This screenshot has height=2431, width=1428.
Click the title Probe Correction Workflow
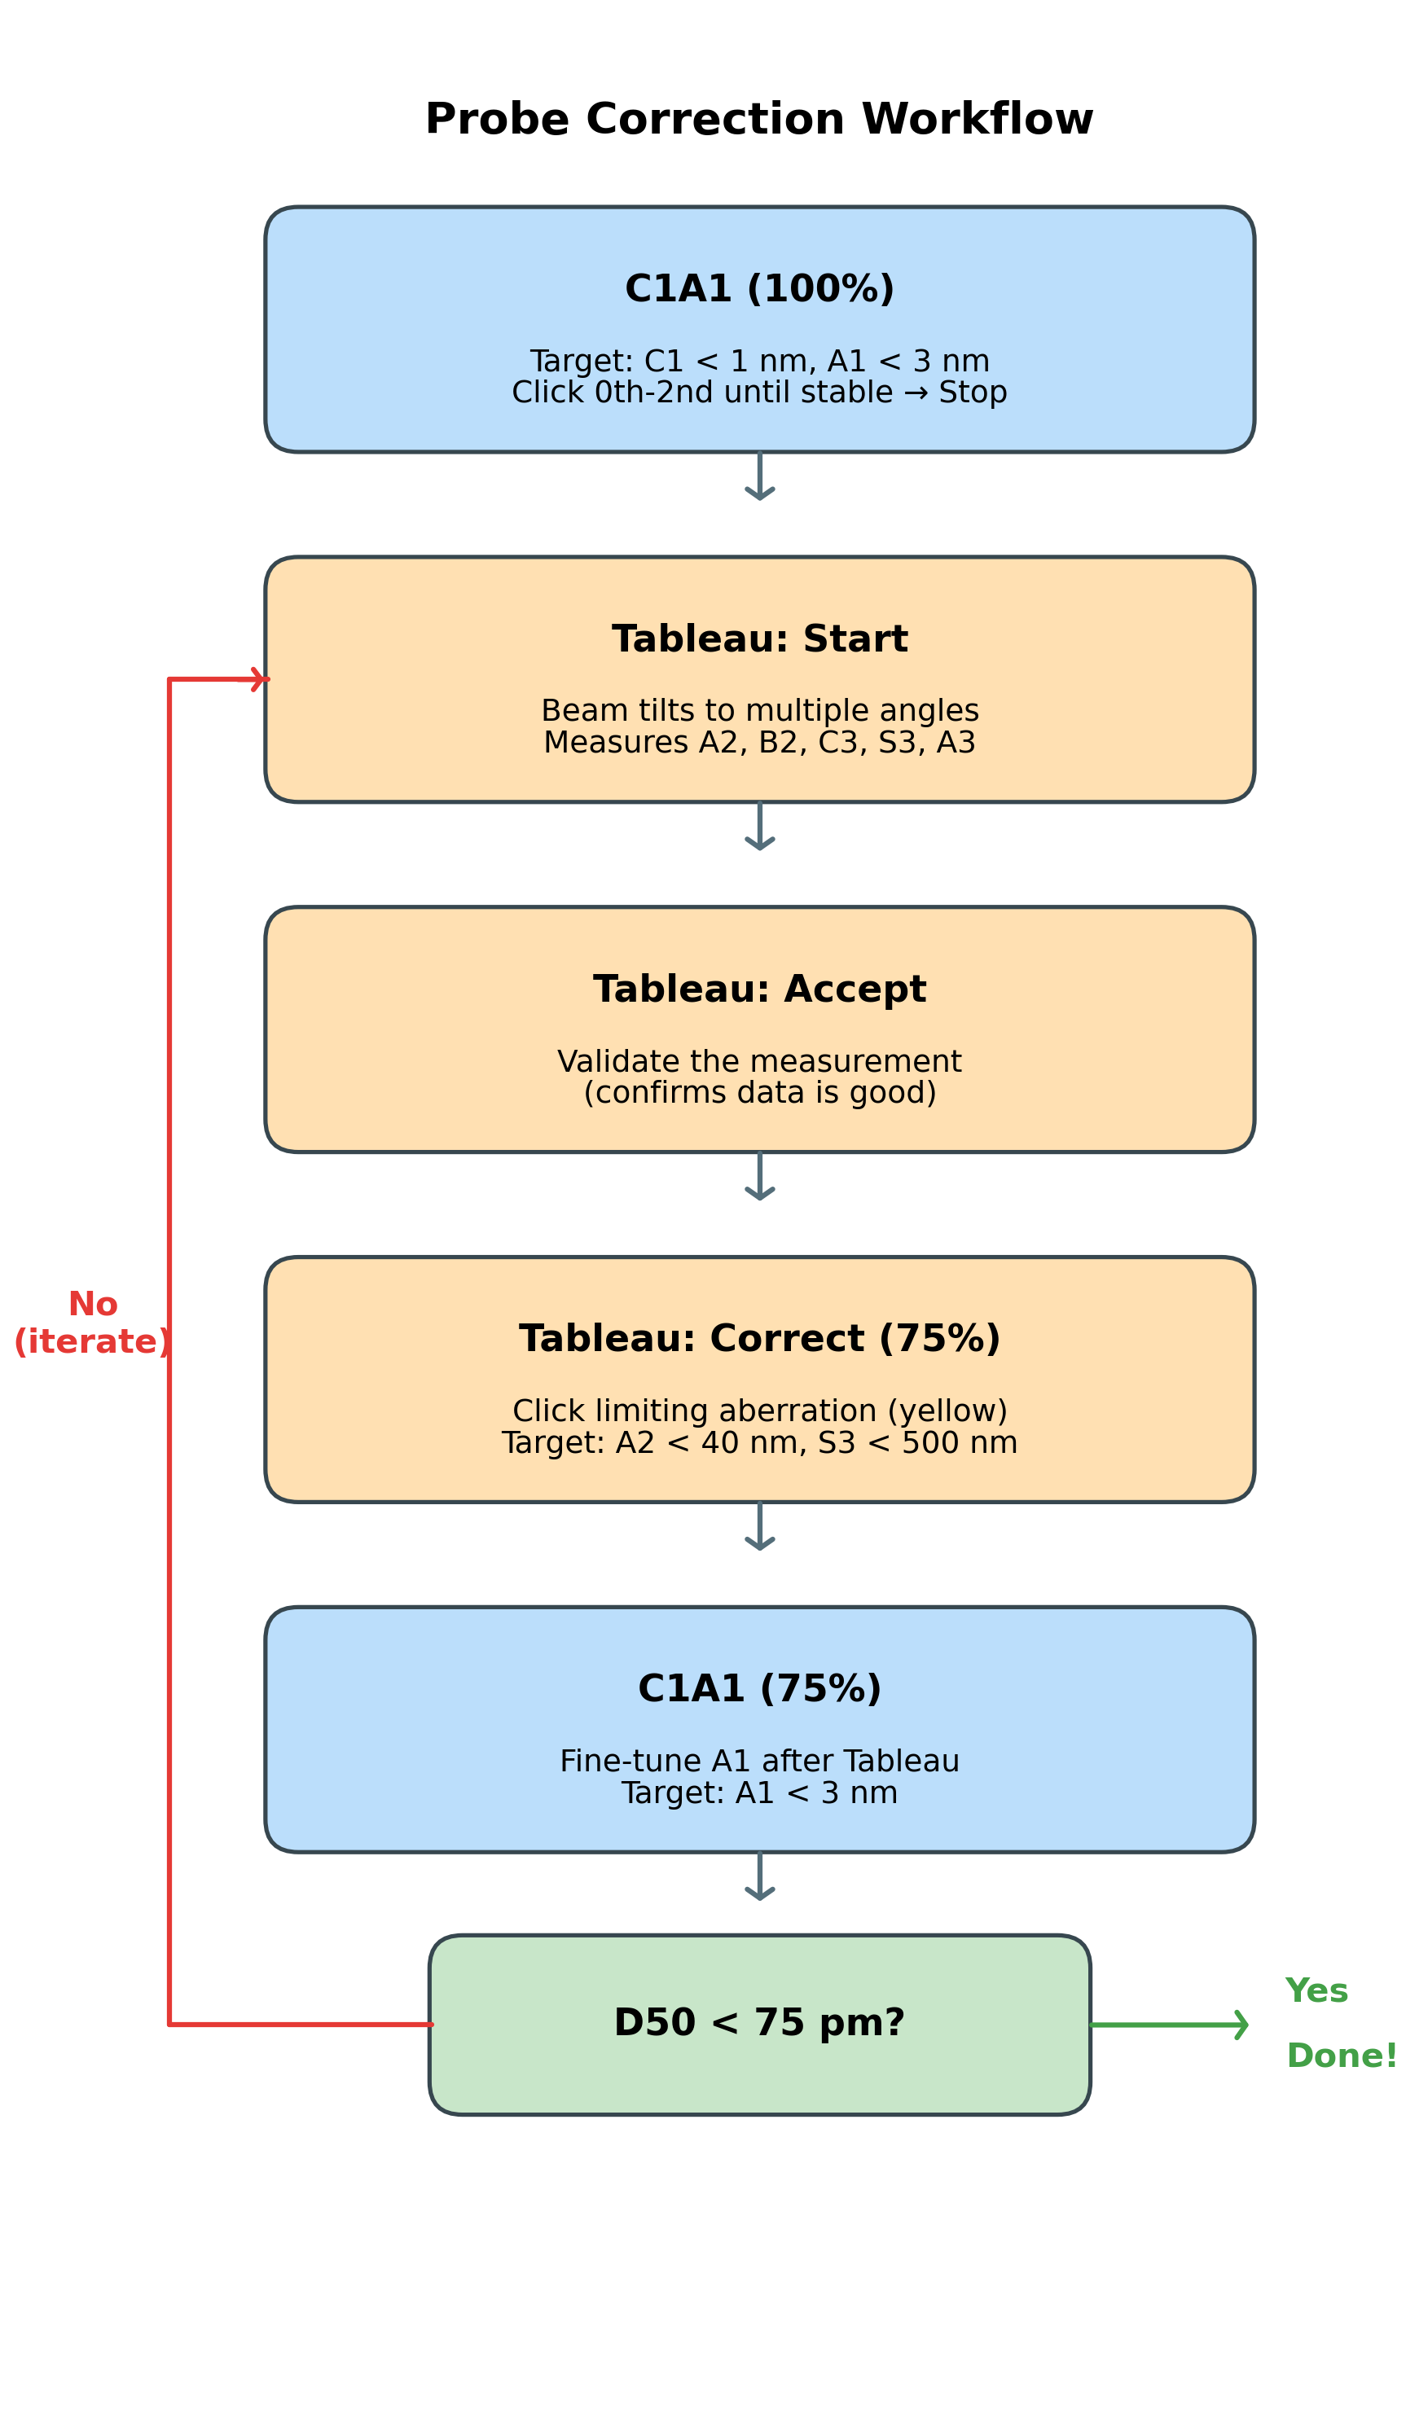click(759, 120)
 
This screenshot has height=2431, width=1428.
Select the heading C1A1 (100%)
click(759, 289)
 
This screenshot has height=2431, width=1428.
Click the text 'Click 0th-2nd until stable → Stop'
click(759, 393)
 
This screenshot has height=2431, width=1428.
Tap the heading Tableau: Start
click(759, 639)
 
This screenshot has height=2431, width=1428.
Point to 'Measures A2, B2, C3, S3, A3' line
click(759, 743)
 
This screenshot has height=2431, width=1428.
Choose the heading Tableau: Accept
click(759, 990)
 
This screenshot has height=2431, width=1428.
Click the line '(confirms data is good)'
click(759, 1093)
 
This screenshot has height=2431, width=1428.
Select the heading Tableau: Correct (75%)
click(759, 1339)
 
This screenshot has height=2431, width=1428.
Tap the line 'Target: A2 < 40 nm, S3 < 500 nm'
click(759, 1443)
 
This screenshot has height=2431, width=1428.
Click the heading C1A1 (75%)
click(759, 1689)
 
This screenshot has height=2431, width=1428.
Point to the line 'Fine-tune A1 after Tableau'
click(759, 1762)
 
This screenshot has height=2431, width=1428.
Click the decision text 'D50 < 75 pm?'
click(759, 2023)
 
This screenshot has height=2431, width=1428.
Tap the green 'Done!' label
click(1341, 2056)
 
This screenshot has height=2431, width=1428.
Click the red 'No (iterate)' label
click(93, 1323)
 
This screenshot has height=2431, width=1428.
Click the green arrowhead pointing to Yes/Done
click(1241, 2025)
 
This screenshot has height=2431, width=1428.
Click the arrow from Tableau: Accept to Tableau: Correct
click(759, 1177)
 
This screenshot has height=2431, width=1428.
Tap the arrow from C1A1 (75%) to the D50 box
click(759, 1877)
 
